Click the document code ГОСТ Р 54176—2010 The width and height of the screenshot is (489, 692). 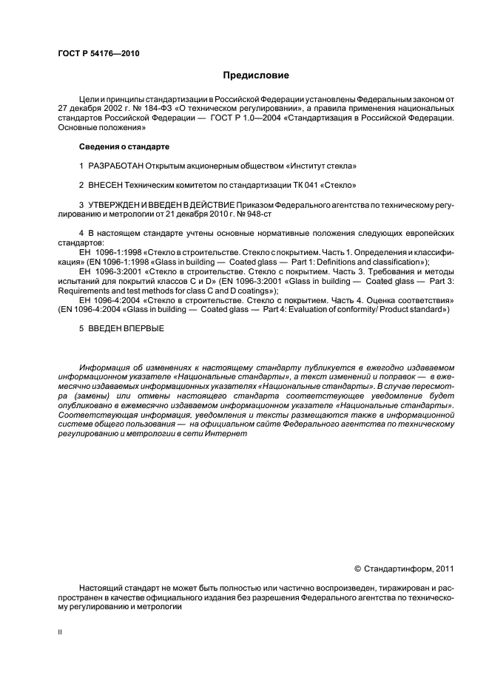(98, 54)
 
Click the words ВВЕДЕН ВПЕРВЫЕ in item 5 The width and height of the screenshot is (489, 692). (121, 329)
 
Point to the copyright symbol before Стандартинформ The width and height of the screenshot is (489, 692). (357, 569)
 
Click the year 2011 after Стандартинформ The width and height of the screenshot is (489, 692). (442, 569)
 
